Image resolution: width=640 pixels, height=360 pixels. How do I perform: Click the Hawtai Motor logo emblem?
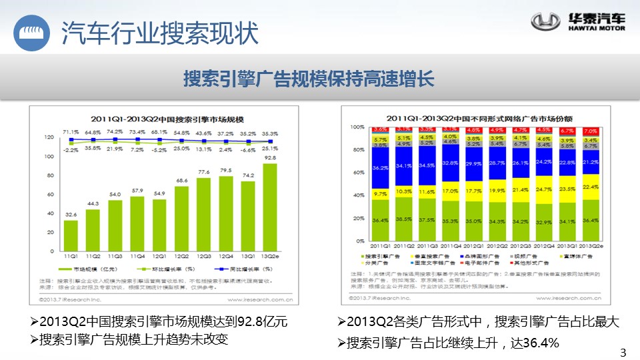click(x=545, y=22)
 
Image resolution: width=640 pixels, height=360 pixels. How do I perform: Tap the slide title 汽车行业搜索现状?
click(x=159, y=32)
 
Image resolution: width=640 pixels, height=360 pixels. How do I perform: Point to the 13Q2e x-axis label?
click(x=271, y=256)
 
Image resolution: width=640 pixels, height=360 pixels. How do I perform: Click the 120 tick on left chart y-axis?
click(x=49, y=137)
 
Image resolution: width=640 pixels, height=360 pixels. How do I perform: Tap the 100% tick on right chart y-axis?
click(x=357, y=127)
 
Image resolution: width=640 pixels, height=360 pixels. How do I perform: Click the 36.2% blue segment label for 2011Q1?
click(x=381, y=167)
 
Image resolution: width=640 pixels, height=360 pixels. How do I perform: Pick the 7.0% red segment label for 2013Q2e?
click(x=590, y=131)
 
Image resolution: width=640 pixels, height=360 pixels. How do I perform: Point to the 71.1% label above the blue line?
click(x=70, y=131)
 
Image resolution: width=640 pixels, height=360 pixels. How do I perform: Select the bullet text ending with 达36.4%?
click(x=448, y=343)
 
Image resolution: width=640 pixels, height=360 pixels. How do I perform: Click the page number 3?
click(x=623, y=353)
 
